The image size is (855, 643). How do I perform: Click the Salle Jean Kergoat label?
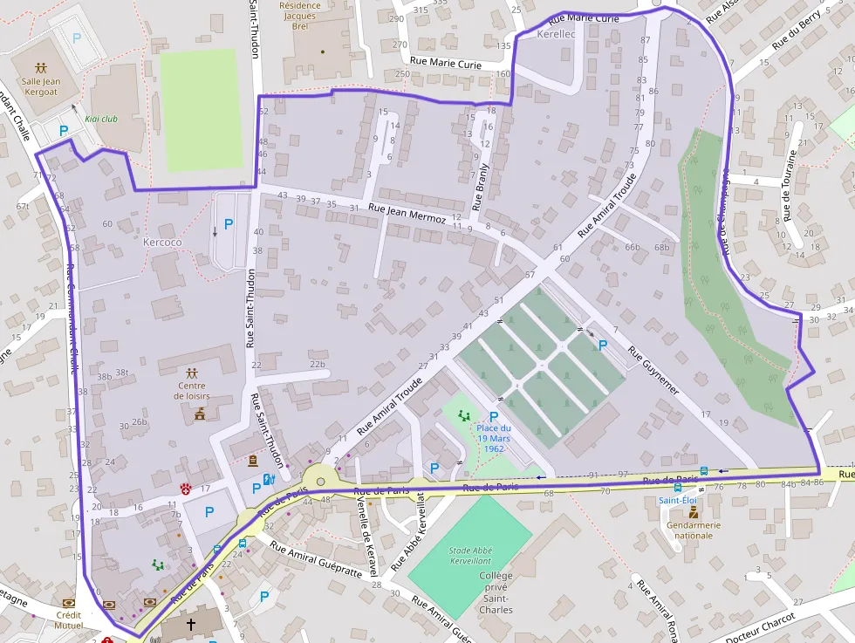pos(41,86)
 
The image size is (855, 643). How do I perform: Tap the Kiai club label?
pos(102,119)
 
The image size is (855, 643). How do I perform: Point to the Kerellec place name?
pos(557,34)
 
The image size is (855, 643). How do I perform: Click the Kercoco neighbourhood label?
pos(162,241)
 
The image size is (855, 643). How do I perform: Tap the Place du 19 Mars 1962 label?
pos(494,437)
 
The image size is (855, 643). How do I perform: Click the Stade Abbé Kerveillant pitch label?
pos(469,556)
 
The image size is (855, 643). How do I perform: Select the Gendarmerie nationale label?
pos(694,530)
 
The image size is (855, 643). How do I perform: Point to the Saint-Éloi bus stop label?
pos(677,501)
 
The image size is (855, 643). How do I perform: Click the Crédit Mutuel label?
pos(68,619)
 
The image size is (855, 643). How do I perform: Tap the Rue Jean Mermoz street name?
pos(407,214)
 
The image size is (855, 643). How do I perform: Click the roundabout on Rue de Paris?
pos(321,481)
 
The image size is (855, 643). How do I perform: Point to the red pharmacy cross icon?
pos(186,488)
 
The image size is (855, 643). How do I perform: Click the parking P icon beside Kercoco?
pos(229,224)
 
